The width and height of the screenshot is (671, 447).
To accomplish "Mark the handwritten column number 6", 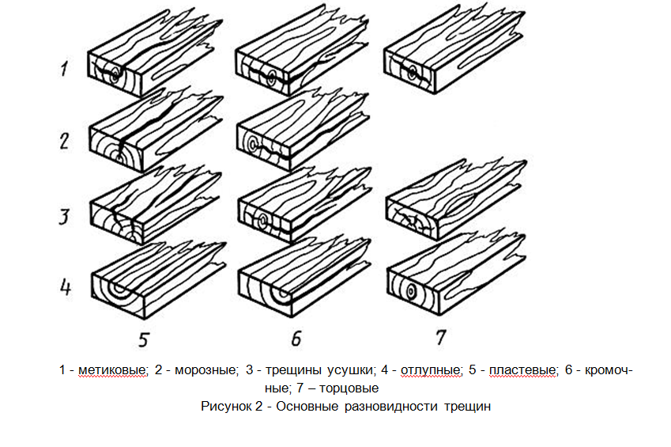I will (x=296, y=339).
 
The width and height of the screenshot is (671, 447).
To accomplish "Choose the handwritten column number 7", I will (x=440, y=338).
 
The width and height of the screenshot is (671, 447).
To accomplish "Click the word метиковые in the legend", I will (x=113, y=370).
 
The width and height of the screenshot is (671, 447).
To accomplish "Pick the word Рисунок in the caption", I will (x=225, y=407).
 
